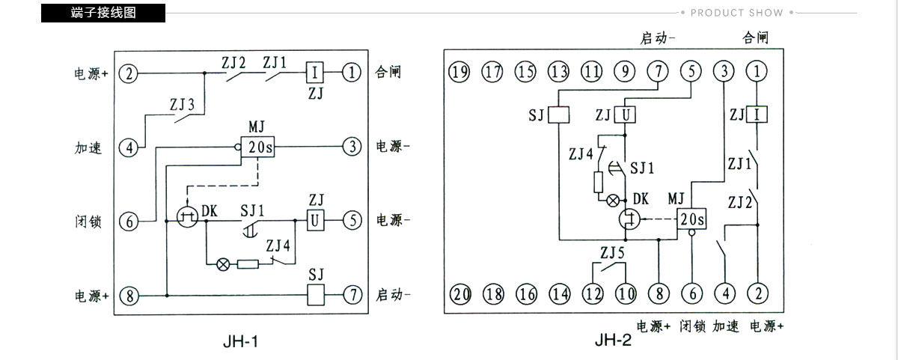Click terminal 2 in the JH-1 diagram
click(x=128, y=74)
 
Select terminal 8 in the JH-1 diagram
click(x=129, y=296)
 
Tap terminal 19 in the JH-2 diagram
click(x=459, y=72)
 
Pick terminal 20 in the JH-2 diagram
click(x=460, y=294)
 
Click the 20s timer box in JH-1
click(x=257, y=147)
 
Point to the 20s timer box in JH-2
click(x=691, y=219)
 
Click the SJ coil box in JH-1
click(x=316, y=295)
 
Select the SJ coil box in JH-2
click(x=558, y=115)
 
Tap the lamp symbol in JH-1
click(x=223, y=264)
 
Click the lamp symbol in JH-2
click(x=613, y=200)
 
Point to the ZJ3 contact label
click(x=182, y=105)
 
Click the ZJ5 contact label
click(x=612, y=253)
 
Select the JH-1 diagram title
click(x=240, y=341)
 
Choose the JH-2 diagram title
click(x=613, y=341)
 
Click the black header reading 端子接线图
click(x=103, y=13)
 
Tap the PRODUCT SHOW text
click(x=736, y=13)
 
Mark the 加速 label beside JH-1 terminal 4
click(x=88, y=148)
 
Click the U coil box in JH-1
click(x=316, y=220)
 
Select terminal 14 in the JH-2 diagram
click(x=560, y=294)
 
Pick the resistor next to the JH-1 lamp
click(x=248, y=264)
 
